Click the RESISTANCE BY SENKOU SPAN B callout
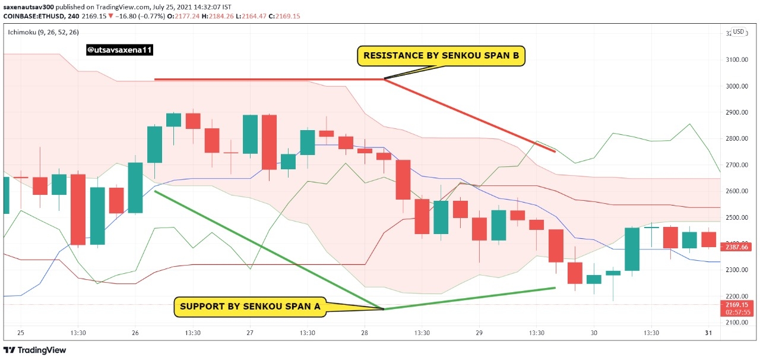tap(441, 56)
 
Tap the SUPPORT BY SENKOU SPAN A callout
tap(250, 307)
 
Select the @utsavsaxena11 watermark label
tap(119, 50)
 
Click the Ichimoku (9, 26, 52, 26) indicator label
tap(43, 32)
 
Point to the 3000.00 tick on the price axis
tap(737, 86)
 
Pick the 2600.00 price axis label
tap(737, 191)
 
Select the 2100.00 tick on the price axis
tap(737, 323)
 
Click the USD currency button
tap(738, 32)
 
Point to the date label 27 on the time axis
tap(250, 333)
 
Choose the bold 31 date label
tap(708, 333)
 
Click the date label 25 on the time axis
tap(21, 333)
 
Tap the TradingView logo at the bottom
tap(34, 350)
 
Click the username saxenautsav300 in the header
tap(28, 7)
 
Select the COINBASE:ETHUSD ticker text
tap(34, 16)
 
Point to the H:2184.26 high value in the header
tap(217, 16)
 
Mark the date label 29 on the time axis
tap(479, 333)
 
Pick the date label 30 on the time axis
tap(594, 333)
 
